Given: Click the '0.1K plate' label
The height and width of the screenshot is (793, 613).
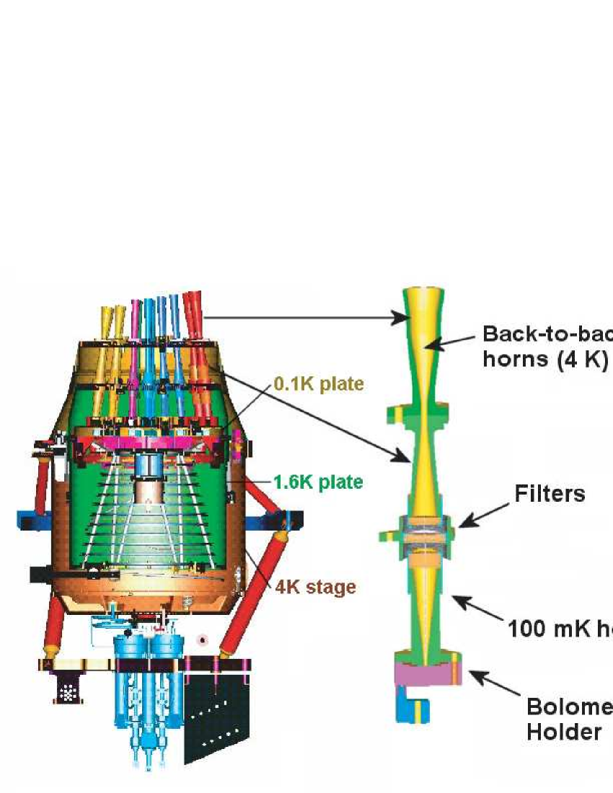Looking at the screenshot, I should pyautogui.click(x=317, y=384).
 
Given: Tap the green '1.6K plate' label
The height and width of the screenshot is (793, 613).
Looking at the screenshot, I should pyautogui.click(x=317, y=482).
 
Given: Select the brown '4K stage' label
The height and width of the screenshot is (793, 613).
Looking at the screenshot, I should pyautogui.click(x=316, y=587).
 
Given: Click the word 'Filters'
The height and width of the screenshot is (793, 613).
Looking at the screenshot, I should pyautogui.click(x=549, y=494).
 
